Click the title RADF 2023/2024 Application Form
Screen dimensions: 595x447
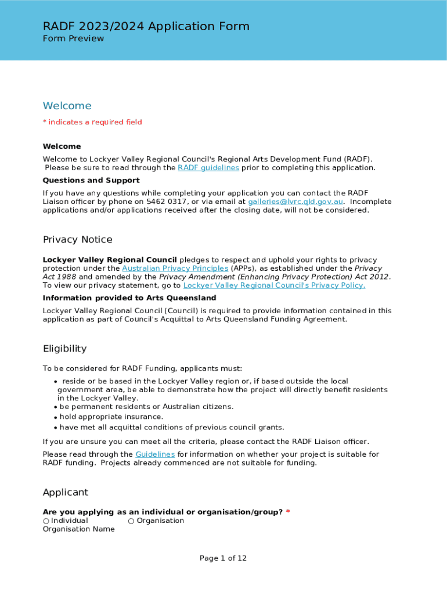click(x=146, y=26)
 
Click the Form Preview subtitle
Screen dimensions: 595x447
click(x=73, y=39)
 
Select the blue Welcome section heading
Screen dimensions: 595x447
click(x=67, y=106)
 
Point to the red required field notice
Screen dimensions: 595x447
click(x=92, y=122)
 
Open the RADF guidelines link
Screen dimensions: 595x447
click(x=208, y=168)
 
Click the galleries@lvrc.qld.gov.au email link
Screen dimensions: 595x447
click(x=295, y=202)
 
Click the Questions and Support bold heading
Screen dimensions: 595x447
click(x=91, y=181)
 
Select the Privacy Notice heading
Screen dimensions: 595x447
click(x=77, y=240)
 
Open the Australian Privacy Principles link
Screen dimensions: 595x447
click(x=175, y=268)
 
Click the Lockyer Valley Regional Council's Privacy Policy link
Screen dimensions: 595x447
click(x=274, y=285)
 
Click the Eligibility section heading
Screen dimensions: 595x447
click(x=64, y=349)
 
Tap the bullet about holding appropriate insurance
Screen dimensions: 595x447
click(x=111, y=417)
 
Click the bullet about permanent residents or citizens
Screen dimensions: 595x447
click(x=146, y=407)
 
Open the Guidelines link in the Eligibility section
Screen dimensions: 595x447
click(x=155, y=454)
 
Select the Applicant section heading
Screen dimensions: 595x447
click(x=66, y=493)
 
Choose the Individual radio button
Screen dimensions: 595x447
click(x=46, y=521)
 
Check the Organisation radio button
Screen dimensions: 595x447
click(x=131, y=521)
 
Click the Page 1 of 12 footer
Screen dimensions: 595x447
click(x=223, y=558)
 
